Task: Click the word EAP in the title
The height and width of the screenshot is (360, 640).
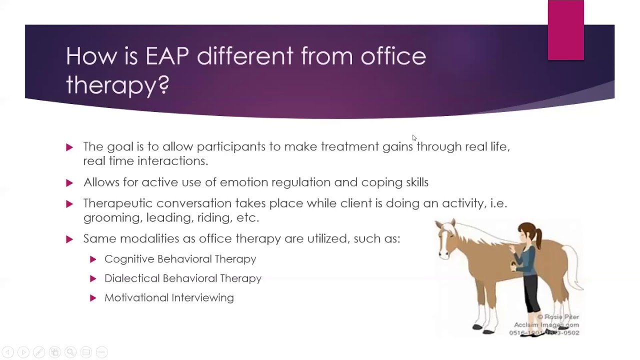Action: pyautogui.click(x=167, y=56)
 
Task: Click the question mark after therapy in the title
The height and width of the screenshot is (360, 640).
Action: pyautogui.click(x=163, y=84)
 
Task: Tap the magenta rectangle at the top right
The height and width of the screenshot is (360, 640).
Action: pyautogui.click(x=565, y=30)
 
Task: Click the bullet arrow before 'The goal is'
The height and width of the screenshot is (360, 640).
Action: pyautogui.click(x=69, y=147)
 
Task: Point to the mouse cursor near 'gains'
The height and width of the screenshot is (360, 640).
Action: pyautogui.click(x=414, y=138)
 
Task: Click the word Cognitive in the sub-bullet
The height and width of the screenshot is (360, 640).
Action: pyautogui.click(x=129, y=259)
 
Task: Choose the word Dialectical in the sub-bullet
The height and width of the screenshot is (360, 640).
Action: pyautogui.click(x=131, y=278)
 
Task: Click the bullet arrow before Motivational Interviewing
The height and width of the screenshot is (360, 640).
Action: pyautogui.click(x=93, y=298)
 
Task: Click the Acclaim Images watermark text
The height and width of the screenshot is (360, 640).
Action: pyautogui.click(x=546, y=325)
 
